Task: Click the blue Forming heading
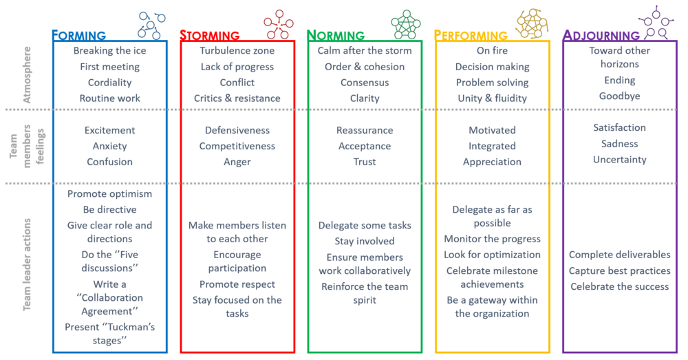pyautogui.click(x=79, y=35)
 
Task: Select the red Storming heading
pyautogui.click(x=210, y=35)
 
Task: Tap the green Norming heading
pyautogui.click(x=336, y=35)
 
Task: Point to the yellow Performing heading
pyautogui.click(x=471, y=35)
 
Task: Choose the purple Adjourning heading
pyautogui.click(x=601, y=35)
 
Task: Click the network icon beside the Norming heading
pyautogui.click(x=406, y=24)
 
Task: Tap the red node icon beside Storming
pyautogui.click(x=279, y=24)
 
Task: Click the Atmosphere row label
pyautogui.click(x=28, y=74)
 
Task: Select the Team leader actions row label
pyautogui.click(x=28, y=264)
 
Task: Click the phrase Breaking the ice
pyautogui.click(x=109, y=50)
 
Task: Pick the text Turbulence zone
pyautogui.click(x=237, y=50)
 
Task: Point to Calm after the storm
pyautogui.click(x=365, y=50)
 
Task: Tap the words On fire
pyautogui.click(x=493, y=50)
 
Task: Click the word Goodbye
pyautogui.click(x=620, y=96)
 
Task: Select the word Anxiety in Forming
pyautogui.click(x=109, y=146)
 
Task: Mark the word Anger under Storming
pyautogui.click(x=237, y=162)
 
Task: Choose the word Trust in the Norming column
pyautogui.click(x=365, y=162)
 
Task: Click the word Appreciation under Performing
pyautogui.click(x=493, y=162)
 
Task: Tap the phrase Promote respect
pyautogui.click(x=237, y=284)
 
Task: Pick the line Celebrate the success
pyautogui.click(x=620, y=286)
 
